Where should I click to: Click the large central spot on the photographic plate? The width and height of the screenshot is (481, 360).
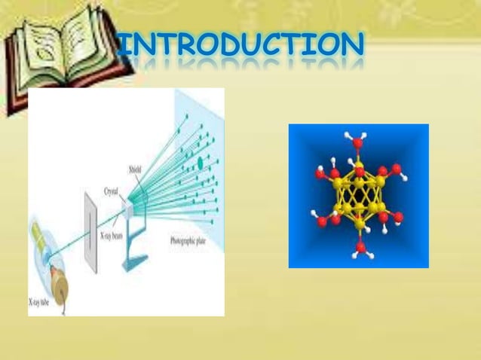[200, 162]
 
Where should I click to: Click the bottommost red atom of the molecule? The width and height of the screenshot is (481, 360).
[360, 246]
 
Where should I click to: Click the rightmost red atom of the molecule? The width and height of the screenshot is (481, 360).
[398, 217]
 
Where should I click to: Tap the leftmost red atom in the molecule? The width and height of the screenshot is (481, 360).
[320, 174]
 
